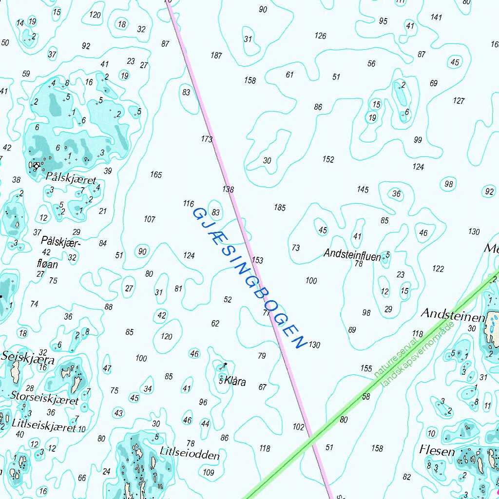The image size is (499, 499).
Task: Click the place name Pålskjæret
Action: click(71, 177)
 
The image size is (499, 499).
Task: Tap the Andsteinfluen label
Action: click(352, 254)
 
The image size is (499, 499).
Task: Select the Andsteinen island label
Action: click(453, 314)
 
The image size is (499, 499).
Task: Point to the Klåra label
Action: click(234, 382)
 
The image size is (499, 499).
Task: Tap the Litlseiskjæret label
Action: click(44, 426)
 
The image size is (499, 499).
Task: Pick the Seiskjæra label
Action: click(28, 357)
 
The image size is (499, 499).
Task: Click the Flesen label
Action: click(437, 451)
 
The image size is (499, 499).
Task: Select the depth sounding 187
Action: click(216, 56)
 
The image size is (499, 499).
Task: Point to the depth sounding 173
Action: click(207, 139)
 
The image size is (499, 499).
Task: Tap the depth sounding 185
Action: click(280, 208)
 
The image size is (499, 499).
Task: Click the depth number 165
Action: click(156, 174)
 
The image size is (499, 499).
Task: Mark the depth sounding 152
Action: click(328, 159)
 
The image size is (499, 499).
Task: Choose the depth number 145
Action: click(363, 190)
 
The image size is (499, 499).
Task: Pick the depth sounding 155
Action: click(366, 368)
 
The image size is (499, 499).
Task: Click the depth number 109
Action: click(209, 472)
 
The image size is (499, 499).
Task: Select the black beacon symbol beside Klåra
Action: click(225, 364)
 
